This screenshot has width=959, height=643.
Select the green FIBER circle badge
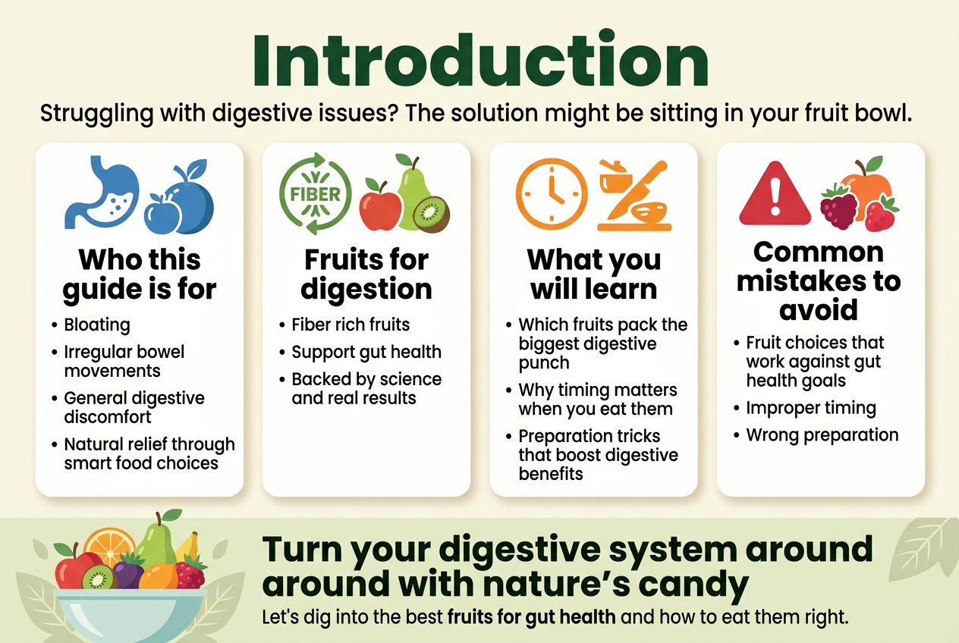(x=316, y=193)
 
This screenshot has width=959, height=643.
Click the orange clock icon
(x=552, y=194)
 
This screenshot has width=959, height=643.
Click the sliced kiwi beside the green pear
(x=431, y=215)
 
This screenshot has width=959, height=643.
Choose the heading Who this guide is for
(x=140, y=274)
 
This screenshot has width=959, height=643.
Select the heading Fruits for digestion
(x=366, y=274)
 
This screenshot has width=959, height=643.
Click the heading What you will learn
(x=594, y=274)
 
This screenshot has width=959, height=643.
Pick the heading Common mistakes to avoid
(x=819, y=281)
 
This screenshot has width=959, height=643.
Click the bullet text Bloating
(x=97, y=325)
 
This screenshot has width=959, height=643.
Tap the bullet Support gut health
(x=366, y=352)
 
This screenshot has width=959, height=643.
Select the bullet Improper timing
(x=811, y=408)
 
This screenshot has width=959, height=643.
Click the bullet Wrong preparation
(x=822, y=435)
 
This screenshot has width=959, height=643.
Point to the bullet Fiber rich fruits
(x=351, y=325)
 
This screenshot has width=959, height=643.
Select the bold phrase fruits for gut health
(x=531, y=617)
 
